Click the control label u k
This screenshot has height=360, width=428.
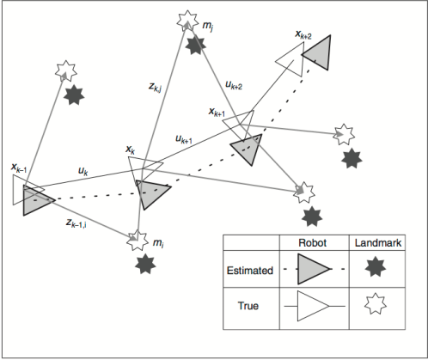click(83, 173)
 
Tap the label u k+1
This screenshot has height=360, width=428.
click(183, 139)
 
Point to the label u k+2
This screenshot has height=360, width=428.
click(234, 85)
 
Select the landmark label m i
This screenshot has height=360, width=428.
click(158, 245)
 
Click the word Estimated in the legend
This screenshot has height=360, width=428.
click(248, 269)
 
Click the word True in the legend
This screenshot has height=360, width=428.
click(248, 304)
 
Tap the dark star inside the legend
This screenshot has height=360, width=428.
click(376, 269)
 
